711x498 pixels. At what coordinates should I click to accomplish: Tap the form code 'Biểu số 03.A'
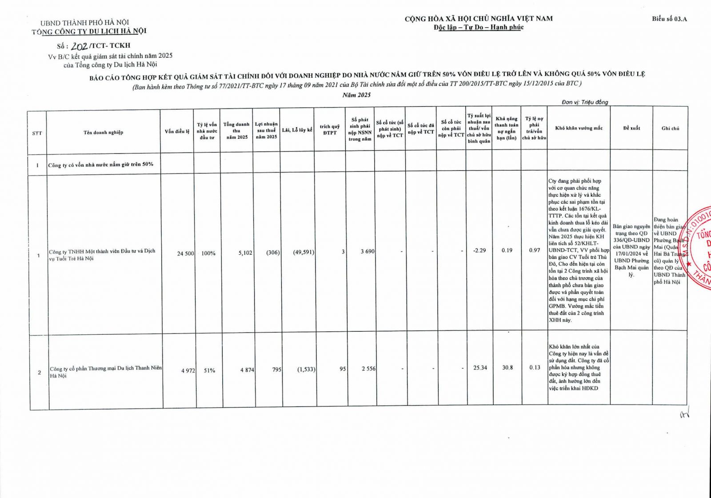click(x=669, y=19)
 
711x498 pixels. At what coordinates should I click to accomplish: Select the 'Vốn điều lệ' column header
click(x=177, y=132)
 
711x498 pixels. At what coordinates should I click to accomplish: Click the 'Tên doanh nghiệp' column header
click(x=103, y=133)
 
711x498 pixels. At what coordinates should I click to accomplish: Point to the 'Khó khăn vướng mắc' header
click(x=579, y=128)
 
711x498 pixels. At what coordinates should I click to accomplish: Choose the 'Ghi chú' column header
click(x=670, y=128)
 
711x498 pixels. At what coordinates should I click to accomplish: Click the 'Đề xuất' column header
click(x=631, y=128)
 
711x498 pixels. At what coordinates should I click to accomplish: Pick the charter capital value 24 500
click(x=185, y=253)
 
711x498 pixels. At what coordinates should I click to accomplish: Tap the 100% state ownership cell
click(x=208, y=253)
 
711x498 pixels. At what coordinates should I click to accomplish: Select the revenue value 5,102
click(x=245, y=253)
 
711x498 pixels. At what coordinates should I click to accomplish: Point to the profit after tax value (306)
click(x=273, y=253)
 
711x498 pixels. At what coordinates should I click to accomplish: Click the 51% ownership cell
click(x=209, y=370)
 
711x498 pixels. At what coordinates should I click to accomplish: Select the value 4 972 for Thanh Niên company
click(x=188, y=370)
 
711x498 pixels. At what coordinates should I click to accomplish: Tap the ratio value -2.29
click(x=479, y=250)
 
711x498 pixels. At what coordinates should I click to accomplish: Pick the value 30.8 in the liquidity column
click(x=507, y=368)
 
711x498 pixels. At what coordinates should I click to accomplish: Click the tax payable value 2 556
click(x=368, y=369)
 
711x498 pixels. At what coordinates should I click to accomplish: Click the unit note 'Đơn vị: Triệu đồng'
click(x=584, y=102)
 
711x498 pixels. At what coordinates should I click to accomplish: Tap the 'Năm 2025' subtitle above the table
click(x=356, y=95)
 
